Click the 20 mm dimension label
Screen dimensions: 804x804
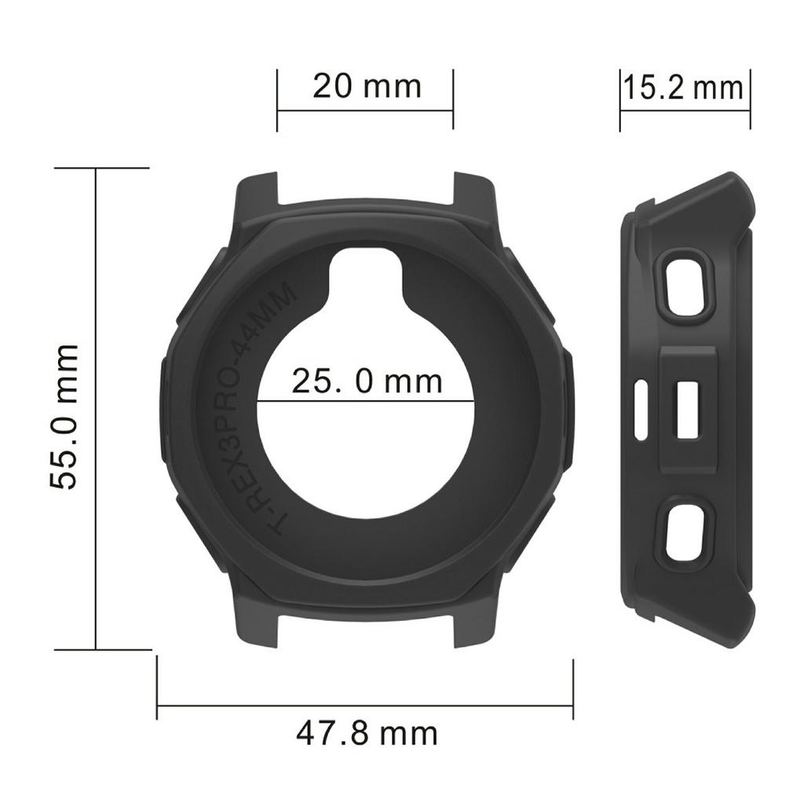point(367,86)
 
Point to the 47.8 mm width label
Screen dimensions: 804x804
point(367,734)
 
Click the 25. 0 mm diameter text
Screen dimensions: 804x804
point(367,382)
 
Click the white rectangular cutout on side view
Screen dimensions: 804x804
point(689,410)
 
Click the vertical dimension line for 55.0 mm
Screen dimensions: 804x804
point(96,408)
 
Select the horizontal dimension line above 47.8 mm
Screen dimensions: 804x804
point(365,706)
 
